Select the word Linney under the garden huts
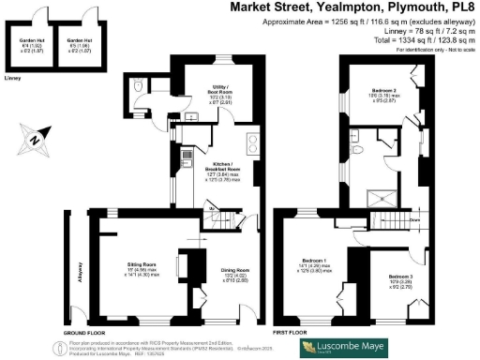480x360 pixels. coord(12,80)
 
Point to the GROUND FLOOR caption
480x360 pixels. coord(82,332)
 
